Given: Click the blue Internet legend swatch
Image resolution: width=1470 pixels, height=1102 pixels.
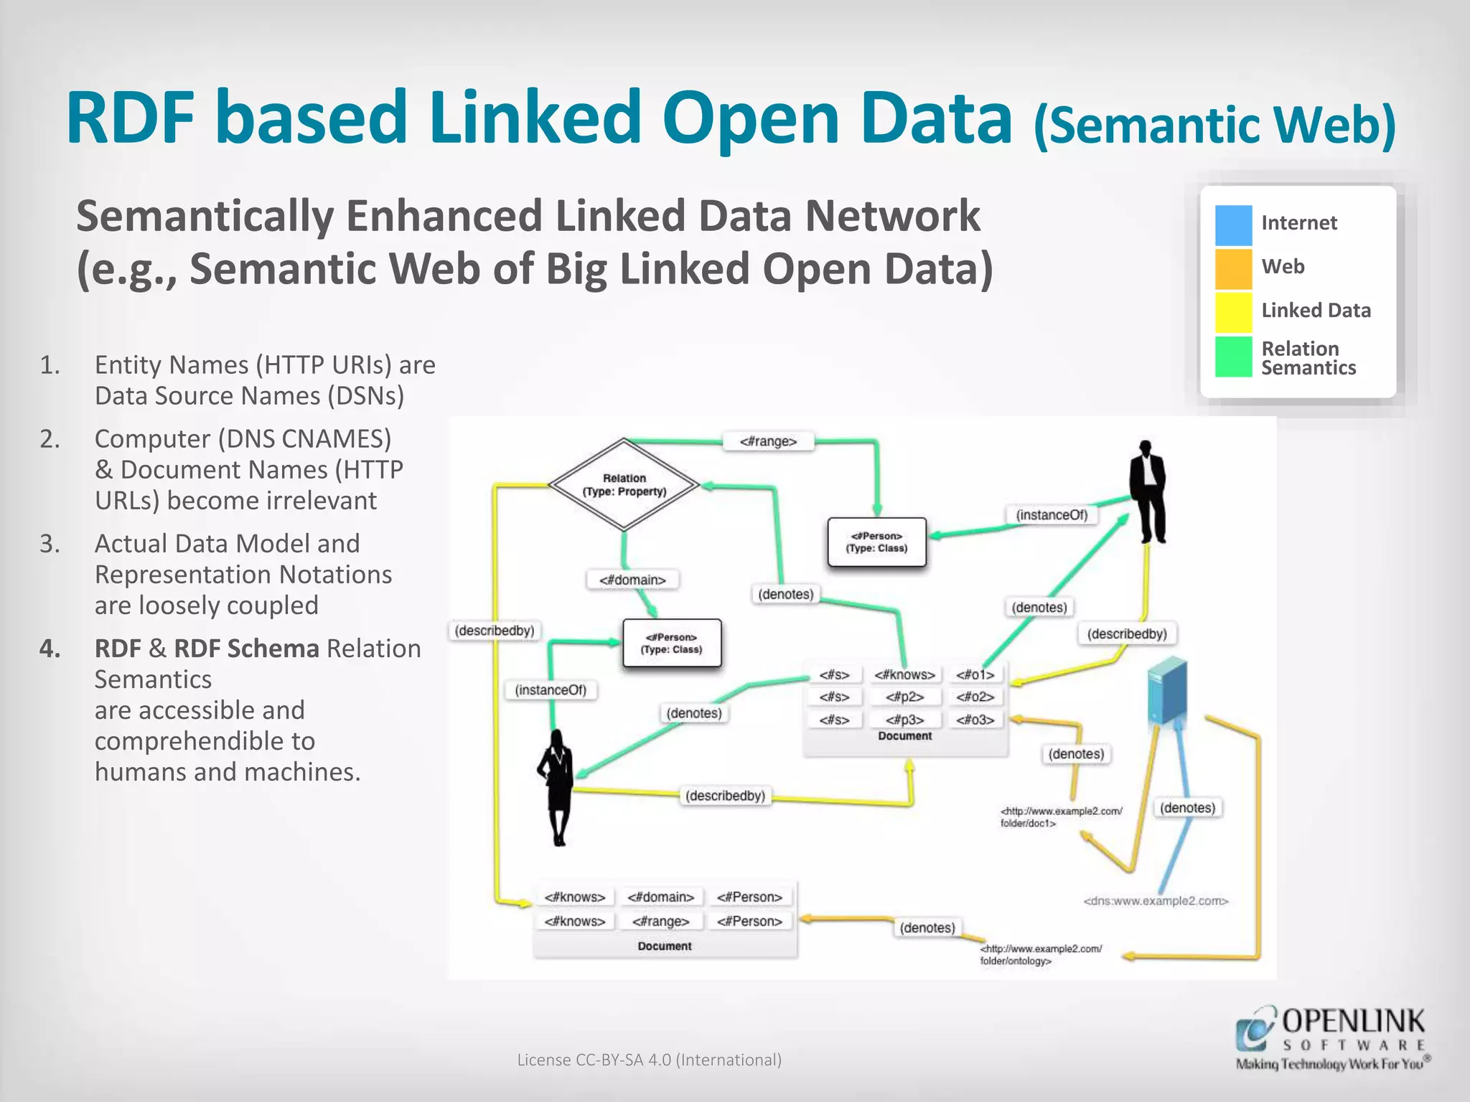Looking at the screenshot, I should coord(1233,225).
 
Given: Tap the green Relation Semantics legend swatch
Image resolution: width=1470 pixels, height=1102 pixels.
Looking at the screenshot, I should coord(1233,357).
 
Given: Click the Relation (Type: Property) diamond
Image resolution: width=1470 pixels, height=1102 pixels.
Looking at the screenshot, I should coord(624,485).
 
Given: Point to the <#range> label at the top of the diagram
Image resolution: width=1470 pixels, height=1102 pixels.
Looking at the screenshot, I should coord(768,441).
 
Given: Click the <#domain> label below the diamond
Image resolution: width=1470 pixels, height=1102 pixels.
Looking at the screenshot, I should coord(632,580).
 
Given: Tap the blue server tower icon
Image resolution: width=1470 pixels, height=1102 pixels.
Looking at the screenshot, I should coord(1166,692).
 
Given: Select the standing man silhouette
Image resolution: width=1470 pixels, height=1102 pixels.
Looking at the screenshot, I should coord(1148,491).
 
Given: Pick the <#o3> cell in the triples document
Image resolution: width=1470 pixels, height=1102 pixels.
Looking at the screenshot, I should coord(975,720).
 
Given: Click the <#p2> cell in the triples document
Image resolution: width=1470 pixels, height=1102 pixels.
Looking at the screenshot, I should coord(904,697).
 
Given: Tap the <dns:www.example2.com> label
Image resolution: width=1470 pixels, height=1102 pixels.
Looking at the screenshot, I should coord(1156,901).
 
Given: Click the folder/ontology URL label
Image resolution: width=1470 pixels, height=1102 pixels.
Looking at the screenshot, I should coord(1040,955).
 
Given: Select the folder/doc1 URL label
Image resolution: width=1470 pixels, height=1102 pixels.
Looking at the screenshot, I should coord(1060,817).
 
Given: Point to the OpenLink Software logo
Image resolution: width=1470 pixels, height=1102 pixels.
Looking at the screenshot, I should coord(1332,1037).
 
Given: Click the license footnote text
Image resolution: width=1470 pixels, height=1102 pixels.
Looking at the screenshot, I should coord(649,1060).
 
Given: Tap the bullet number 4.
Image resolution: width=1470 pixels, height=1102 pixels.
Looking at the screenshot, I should coord(50,649).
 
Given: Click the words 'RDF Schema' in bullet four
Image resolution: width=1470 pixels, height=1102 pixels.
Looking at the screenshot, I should coord(246,649).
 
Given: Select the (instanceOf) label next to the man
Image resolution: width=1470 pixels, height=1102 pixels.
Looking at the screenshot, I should coord(1052,515).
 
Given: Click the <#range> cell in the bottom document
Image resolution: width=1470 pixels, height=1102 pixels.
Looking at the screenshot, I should coord(660,921).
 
